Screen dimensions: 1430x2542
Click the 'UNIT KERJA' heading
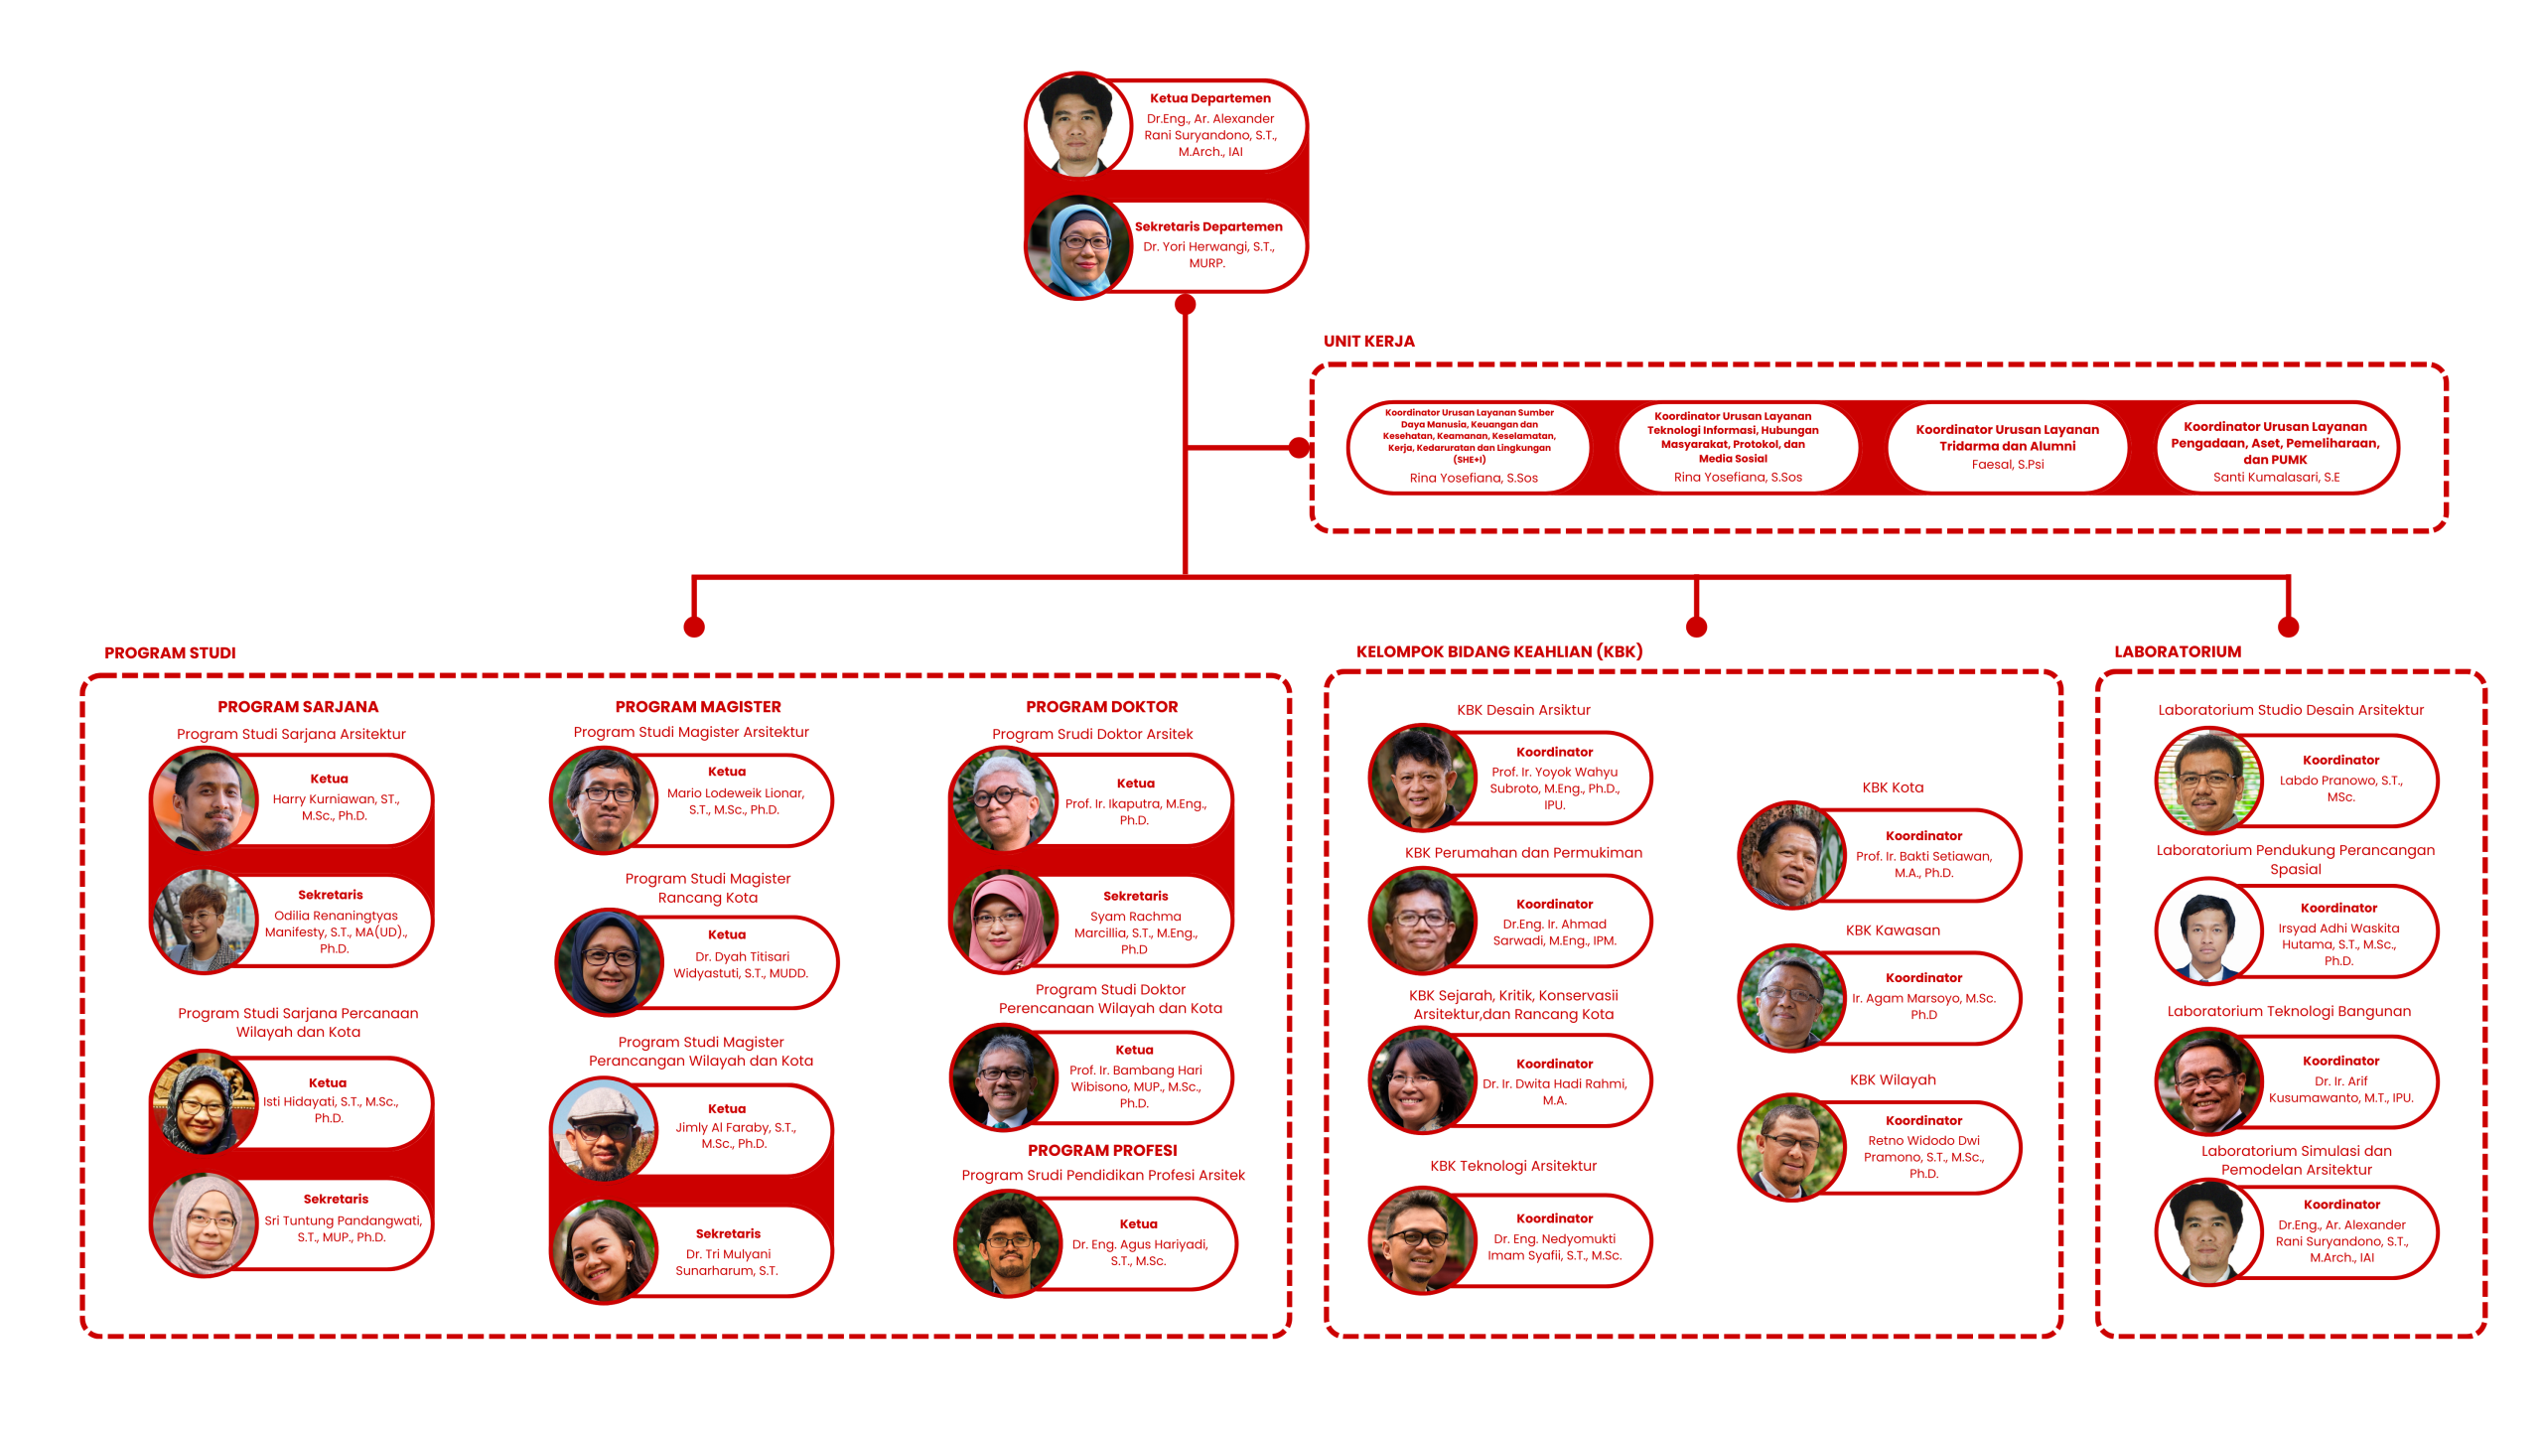tap(1368, 341)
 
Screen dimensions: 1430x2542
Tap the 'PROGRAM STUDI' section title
tap(170, 652)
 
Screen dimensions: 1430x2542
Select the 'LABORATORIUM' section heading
tap(2177, 651)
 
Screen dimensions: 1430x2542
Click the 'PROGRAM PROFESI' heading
tap(1101, 1150)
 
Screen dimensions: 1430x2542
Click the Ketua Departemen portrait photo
tap(1078, 124)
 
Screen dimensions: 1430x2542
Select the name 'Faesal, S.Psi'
tap(2007, 464)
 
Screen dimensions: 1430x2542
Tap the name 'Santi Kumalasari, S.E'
tap(2275, 477)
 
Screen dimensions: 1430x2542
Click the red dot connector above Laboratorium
tap(2288, 627)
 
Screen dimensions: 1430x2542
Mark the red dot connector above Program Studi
tap(694, 627)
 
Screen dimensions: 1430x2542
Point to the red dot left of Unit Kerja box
tap(1298, 448)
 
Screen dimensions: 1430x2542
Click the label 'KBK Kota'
tap(1892, 787)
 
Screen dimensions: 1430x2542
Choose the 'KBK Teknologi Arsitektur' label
tap(1512, 1166)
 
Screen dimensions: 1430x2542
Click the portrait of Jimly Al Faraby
tap(603, 1131)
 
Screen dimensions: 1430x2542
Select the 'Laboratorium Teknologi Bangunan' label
tap(2288, 1011)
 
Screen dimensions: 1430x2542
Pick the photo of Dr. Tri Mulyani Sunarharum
tap(603, 1251)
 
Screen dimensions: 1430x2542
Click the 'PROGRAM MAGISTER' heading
tap(697, 707)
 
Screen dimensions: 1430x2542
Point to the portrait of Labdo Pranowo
tap(2207, 781)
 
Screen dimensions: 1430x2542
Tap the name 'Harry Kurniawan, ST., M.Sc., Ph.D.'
tap(336, 807)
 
